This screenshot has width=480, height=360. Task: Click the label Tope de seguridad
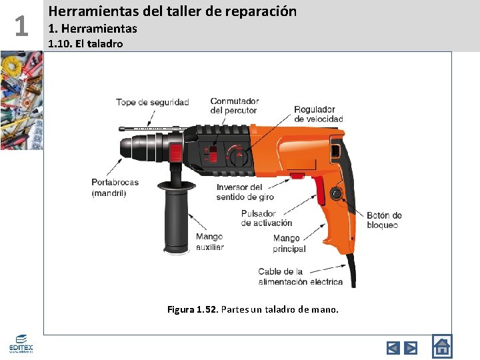pos(153,102)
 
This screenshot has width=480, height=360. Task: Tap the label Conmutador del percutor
pos(235,105)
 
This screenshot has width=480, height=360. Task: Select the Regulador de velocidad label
pos(319,114)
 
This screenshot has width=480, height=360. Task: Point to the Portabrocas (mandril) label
pos(115,187)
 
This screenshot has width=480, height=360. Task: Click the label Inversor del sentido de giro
pos(245,192)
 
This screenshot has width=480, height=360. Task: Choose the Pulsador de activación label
pos(266,218)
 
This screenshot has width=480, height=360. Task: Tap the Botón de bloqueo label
pos(384,220)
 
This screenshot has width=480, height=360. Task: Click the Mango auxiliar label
pos(210,241)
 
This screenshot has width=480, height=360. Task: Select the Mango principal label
pos(289,243)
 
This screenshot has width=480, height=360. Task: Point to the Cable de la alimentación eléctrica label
pos(300,277)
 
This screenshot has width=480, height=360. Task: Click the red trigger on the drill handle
pos(319,191)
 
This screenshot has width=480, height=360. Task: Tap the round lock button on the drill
pos(337,193)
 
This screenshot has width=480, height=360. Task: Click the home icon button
pos(442,346)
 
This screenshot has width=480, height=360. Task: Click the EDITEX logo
pos(21,344)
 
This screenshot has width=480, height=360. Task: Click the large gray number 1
pos(21,26)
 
